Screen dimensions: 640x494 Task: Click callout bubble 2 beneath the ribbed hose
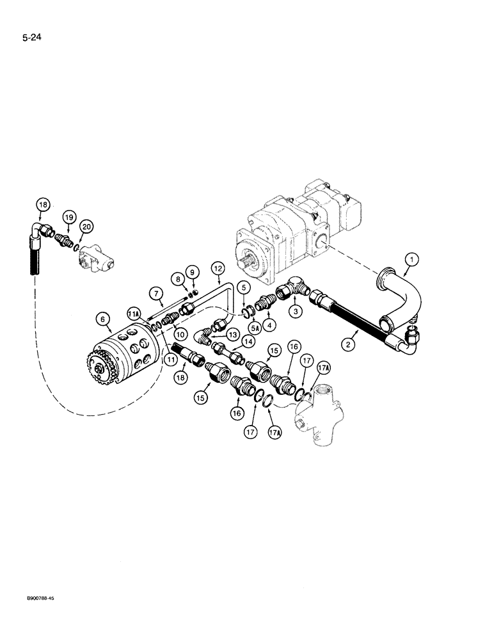pyautogui.click(x=348, y=344)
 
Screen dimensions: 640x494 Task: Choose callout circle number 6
pyautogui.click(x=100, y=316)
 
